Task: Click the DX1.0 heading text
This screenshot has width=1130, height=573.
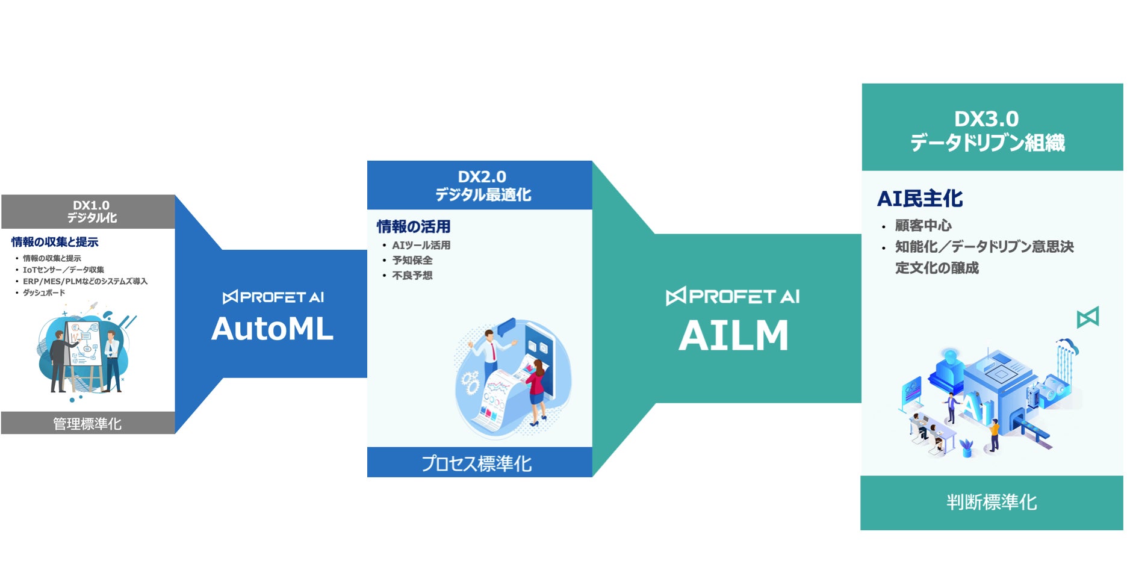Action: tap(91, 205)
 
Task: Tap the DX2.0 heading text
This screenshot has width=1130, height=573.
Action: tap(482, 177)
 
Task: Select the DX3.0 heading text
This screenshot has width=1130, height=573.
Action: tap(986, 119)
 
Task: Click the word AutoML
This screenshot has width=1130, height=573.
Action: tap(272, 329)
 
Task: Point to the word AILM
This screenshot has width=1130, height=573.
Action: tap(733, 336)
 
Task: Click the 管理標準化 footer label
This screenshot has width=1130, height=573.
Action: tap(87, 424)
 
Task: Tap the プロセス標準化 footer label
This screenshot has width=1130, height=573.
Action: tap(476, 463)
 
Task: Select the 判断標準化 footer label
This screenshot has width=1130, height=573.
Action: tap(992, 502)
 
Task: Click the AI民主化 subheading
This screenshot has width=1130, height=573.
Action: tap(920, 199)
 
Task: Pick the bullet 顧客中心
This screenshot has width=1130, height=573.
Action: tap(923, 226)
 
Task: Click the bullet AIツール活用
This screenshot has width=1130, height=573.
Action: tap(421, 246)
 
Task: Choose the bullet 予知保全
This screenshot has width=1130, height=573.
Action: tap(412, 261)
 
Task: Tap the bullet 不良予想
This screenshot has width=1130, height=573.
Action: tap(412, 276)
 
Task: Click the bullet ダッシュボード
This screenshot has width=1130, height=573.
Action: tap(44, 293)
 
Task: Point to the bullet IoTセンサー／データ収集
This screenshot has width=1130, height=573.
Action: tap(63, 270)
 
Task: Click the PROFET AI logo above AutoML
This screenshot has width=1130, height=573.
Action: tap(273, 297)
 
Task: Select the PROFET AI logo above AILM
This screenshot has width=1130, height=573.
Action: tap(733, 297)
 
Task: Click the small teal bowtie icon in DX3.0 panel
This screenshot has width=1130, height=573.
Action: tap(1087, 317)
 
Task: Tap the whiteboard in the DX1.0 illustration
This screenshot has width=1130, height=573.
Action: tap(82, 343)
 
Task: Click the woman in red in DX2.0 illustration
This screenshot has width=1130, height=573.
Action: tap(536, 388)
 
